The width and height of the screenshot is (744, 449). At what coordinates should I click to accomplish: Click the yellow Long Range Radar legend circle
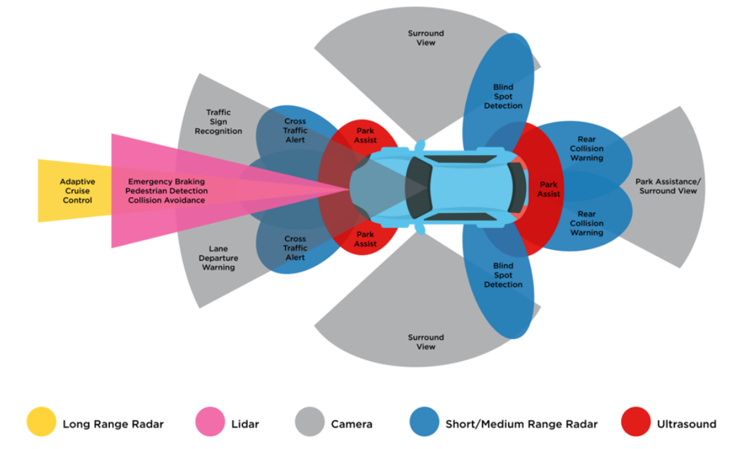pos(41,424)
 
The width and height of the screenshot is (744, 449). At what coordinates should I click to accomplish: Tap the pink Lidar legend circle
pos(211,424)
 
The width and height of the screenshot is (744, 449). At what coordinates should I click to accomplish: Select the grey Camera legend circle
pos(310,424)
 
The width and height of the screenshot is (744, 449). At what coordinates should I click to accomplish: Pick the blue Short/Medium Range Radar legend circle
pos(424,424)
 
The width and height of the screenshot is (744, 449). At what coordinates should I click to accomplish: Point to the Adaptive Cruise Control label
pos(77,190)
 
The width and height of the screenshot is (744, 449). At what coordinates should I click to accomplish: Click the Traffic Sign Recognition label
pos(218,122)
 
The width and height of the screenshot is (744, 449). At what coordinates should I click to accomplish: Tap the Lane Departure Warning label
pos(218,258)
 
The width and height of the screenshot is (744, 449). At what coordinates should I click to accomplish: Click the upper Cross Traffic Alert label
pos(295,130)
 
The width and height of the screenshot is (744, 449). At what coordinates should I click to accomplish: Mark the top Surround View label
pos(426,38)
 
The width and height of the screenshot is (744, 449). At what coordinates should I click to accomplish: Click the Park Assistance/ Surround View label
pos(666,186)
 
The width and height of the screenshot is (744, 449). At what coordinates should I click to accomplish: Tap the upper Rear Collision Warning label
pos(586,148)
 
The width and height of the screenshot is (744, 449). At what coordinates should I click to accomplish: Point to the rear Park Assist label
pos(549,189)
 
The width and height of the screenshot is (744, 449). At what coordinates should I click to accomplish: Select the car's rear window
pos(516,188)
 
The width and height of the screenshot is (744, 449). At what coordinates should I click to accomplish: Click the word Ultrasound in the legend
pos(686,424)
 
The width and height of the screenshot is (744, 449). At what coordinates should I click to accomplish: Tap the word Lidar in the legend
pos(245,424)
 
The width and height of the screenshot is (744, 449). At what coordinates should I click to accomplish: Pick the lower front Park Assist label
pos(365,239)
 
